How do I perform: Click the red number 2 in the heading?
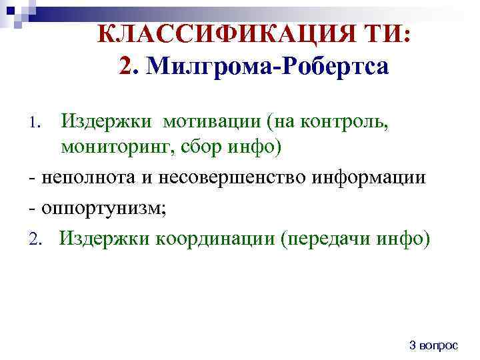[127, 67]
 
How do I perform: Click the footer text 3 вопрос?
[433, 345]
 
